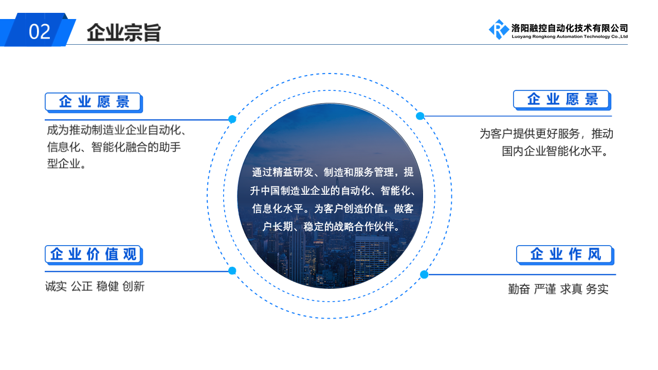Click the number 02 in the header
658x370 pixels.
[x=40, y=32]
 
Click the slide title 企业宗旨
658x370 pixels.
[x=124, y=32]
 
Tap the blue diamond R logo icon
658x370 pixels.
[x=499, y=29]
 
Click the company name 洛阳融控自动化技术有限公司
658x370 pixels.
[x=570, y=28]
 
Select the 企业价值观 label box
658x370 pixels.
[x=94, y=254]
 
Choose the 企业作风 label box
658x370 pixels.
[x=565, y=254]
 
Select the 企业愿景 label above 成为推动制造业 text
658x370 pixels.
[x=94, y=102]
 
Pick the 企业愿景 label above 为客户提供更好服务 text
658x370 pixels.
[x=562, y=100]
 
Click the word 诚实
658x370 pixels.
[x=56, y=286]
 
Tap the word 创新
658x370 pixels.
[x=133, y=286]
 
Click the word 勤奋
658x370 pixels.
[x=519, y=289]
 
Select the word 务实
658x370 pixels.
[x=597, y=289]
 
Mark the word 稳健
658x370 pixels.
[x=107, y=286]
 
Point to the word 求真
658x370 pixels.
[x=571, y=289]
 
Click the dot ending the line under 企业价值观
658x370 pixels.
[x=232, y=270]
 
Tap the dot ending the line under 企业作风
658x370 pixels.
[x=424, y=274]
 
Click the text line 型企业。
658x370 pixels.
[x=66, y=163]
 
